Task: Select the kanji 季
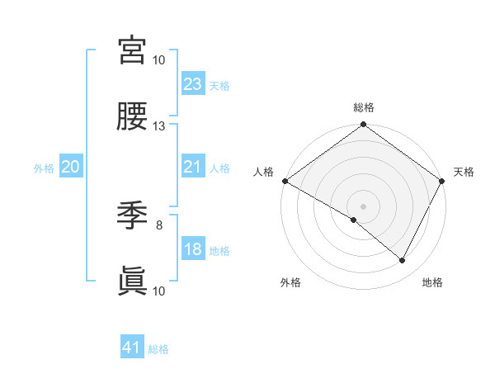(x=133, y=215)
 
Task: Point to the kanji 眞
(x=133, y=282)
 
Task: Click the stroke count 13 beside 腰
(x=159, y=126)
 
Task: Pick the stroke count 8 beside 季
(x=159, y=225)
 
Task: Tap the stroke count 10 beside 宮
(x=159, y=60)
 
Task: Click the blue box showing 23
(x=193, y=84)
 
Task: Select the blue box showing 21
(x=193, y=168)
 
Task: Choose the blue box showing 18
(x=193, y=250)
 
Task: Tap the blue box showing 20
(x=70, y=168)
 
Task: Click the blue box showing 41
(x=132, y=348)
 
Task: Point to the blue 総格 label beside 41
(x=158, y=349)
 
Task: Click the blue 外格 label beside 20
(x=44, y=168)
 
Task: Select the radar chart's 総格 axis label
(x=364, y=107)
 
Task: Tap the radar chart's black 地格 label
(x=432, y=283)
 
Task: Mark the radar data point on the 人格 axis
(x=285, y=181)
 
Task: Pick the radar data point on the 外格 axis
(x=354, y=220)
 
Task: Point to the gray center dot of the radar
(x=364, y=206)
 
